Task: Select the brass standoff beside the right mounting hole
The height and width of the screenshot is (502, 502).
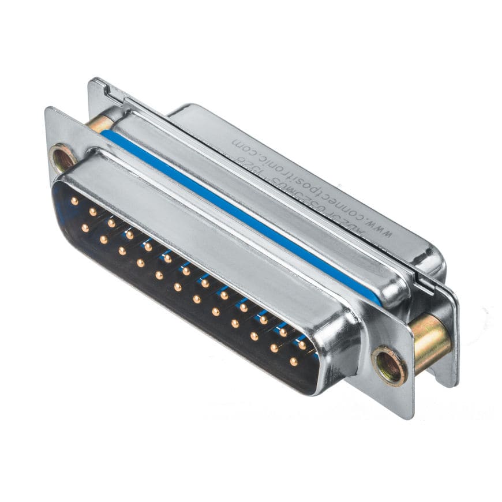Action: (x=430, y=340)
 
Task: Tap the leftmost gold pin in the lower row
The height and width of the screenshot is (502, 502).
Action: (x=85, y=228)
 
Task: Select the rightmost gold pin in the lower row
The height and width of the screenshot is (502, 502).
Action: (x=293, y=362)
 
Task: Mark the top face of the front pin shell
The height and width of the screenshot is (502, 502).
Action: (x=219, y=231)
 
